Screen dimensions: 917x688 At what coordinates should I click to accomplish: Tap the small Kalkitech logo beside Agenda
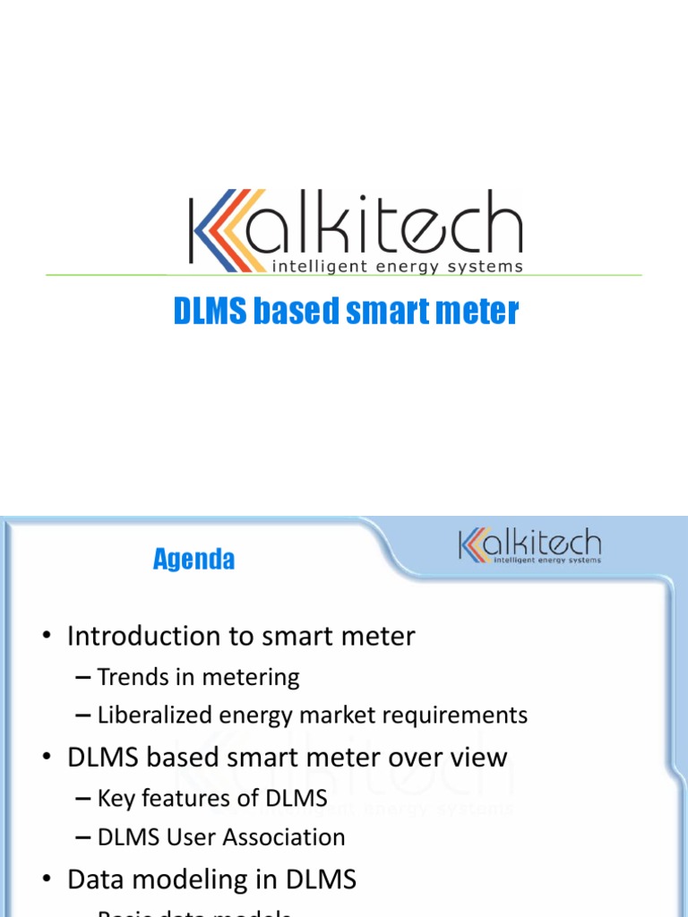coord(529,546)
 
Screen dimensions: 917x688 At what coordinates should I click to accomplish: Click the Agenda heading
coord(193,560)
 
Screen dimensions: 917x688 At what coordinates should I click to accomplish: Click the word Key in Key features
coord(115,797)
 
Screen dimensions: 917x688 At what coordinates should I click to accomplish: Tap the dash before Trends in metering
coord(83,678)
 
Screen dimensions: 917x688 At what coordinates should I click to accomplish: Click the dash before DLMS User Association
coord(83,838)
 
